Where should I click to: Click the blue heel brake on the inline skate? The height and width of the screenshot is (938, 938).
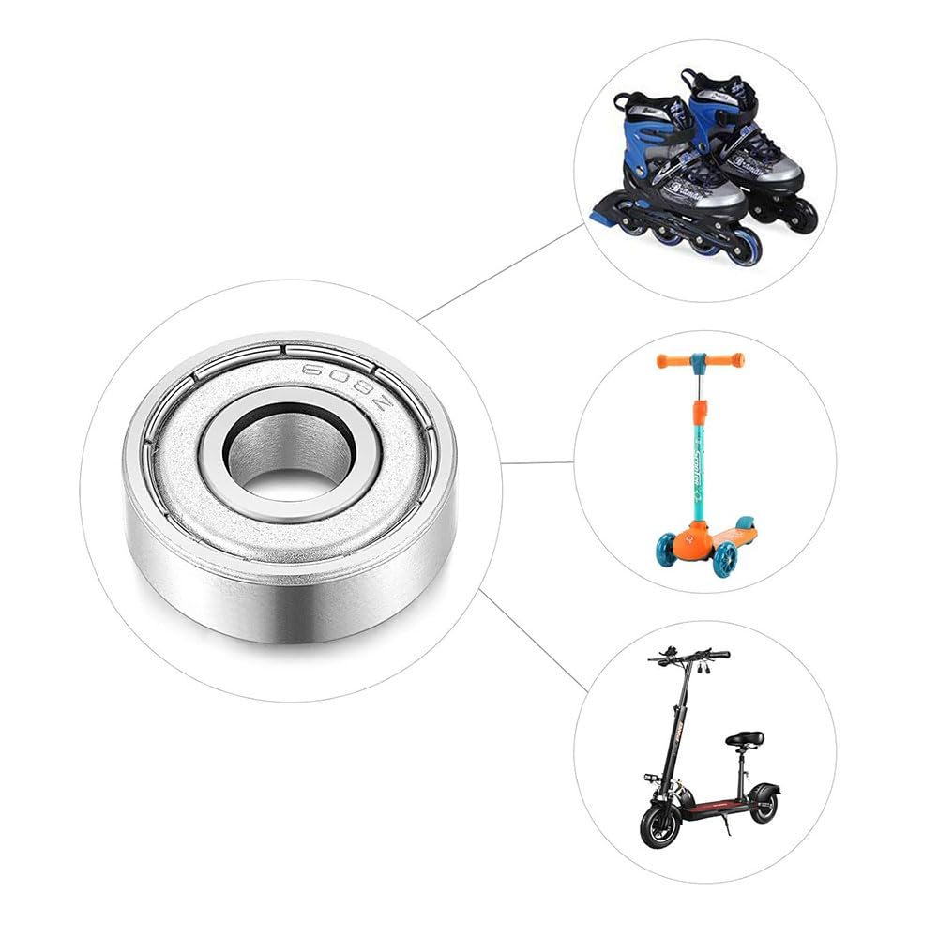coord(600,218)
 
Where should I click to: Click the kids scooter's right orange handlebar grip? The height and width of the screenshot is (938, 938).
coord(725,359)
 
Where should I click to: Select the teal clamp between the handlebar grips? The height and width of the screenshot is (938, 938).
coord(698,360)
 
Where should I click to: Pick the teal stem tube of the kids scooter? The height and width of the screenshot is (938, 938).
coord(699,469)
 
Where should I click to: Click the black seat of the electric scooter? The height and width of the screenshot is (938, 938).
coord(744,739)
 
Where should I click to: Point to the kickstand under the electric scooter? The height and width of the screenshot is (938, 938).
coord(724,825)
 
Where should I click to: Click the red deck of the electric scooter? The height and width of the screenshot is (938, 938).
coord(718,805)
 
